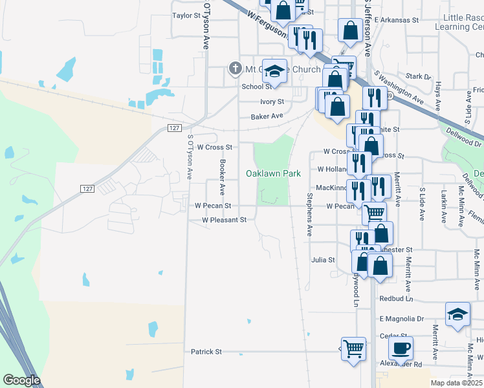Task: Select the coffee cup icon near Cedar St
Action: click(401, 349)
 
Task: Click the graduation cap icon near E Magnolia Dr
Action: click(457, 314)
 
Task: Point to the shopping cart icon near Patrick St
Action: click(354, 349)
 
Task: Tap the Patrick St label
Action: click(206, 352)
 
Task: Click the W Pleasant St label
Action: click(225, 220)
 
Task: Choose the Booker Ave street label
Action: click(222, 178)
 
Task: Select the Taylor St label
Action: click(187, 15)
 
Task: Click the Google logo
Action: click(21, 380)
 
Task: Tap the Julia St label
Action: click(323, 260)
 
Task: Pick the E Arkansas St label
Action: click(397, 20)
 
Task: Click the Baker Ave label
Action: click(267, 116)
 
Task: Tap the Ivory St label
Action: click(272, 102)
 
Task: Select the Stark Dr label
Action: click(418, 76)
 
